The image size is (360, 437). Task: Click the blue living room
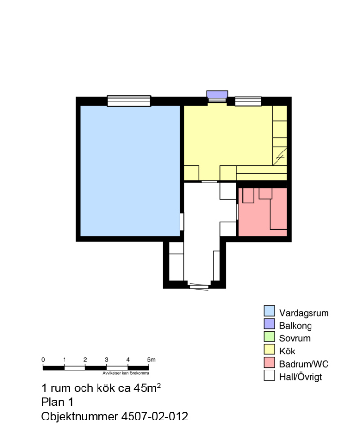130,171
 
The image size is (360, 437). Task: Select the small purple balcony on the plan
217,94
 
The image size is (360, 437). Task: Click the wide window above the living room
129,101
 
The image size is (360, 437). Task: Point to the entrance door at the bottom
199,287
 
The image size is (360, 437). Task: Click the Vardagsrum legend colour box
269,311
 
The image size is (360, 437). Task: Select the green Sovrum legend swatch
269,336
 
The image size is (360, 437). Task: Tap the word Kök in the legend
287,351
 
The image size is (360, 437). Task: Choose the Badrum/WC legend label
304,364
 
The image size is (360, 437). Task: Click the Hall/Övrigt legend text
300,377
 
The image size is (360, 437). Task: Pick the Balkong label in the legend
295,326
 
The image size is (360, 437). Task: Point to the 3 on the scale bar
106,360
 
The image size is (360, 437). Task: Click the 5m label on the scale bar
151,360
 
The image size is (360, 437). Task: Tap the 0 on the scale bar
43,360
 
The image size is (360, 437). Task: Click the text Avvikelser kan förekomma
126,373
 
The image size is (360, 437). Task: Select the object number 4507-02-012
155,417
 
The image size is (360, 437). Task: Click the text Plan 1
57,402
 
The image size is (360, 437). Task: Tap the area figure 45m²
147,387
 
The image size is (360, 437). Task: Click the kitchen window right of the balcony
248,101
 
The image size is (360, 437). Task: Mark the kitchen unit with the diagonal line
280,156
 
